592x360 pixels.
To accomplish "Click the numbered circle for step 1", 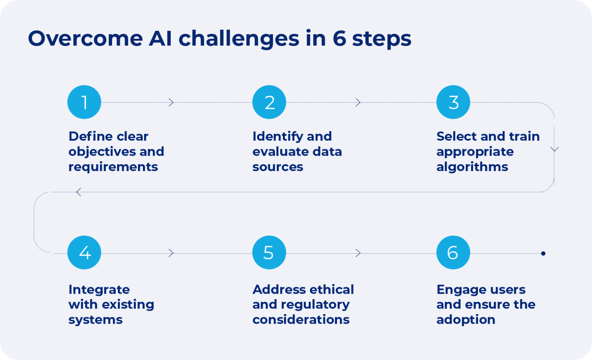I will [84, 102].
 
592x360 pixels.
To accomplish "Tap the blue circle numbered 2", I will [269, 102].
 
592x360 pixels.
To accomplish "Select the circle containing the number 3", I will [453, 102].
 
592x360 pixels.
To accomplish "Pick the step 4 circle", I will [84, 252].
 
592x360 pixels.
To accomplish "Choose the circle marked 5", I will [269, 252].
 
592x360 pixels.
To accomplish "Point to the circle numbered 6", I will [453, 252].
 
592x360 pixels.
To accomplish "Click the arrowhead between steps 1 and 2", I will [171, 103].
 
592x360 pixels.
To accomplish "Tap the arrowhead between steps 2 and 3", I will [358, 103].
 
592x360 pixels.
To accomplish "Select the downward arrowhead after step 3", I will [554, 149].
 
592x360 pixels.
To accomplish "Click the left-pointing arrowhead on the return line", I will [79, 192].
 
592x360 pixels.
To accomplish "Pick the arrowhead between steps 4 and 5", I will [171, 253].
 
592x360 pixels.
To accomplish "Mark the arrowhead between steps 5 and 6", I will [358, 253].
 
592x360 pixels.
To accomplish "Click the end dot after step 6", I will [543, 253].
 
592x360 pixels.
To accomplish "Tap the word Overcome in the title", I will [85, 39].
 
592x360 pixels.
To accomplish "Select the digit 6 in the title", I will [339, 39].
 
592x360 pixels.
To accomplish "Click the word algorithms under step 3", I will [472, 167].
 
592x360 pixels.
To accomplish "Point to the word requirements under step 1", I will [113, 167].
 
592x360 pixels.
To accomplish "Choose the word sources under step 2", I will [278, 167].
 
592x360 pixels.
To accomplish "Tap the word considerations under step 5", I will [301, 320].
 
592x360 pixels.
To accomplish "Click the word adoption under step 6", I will [466, 320].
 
